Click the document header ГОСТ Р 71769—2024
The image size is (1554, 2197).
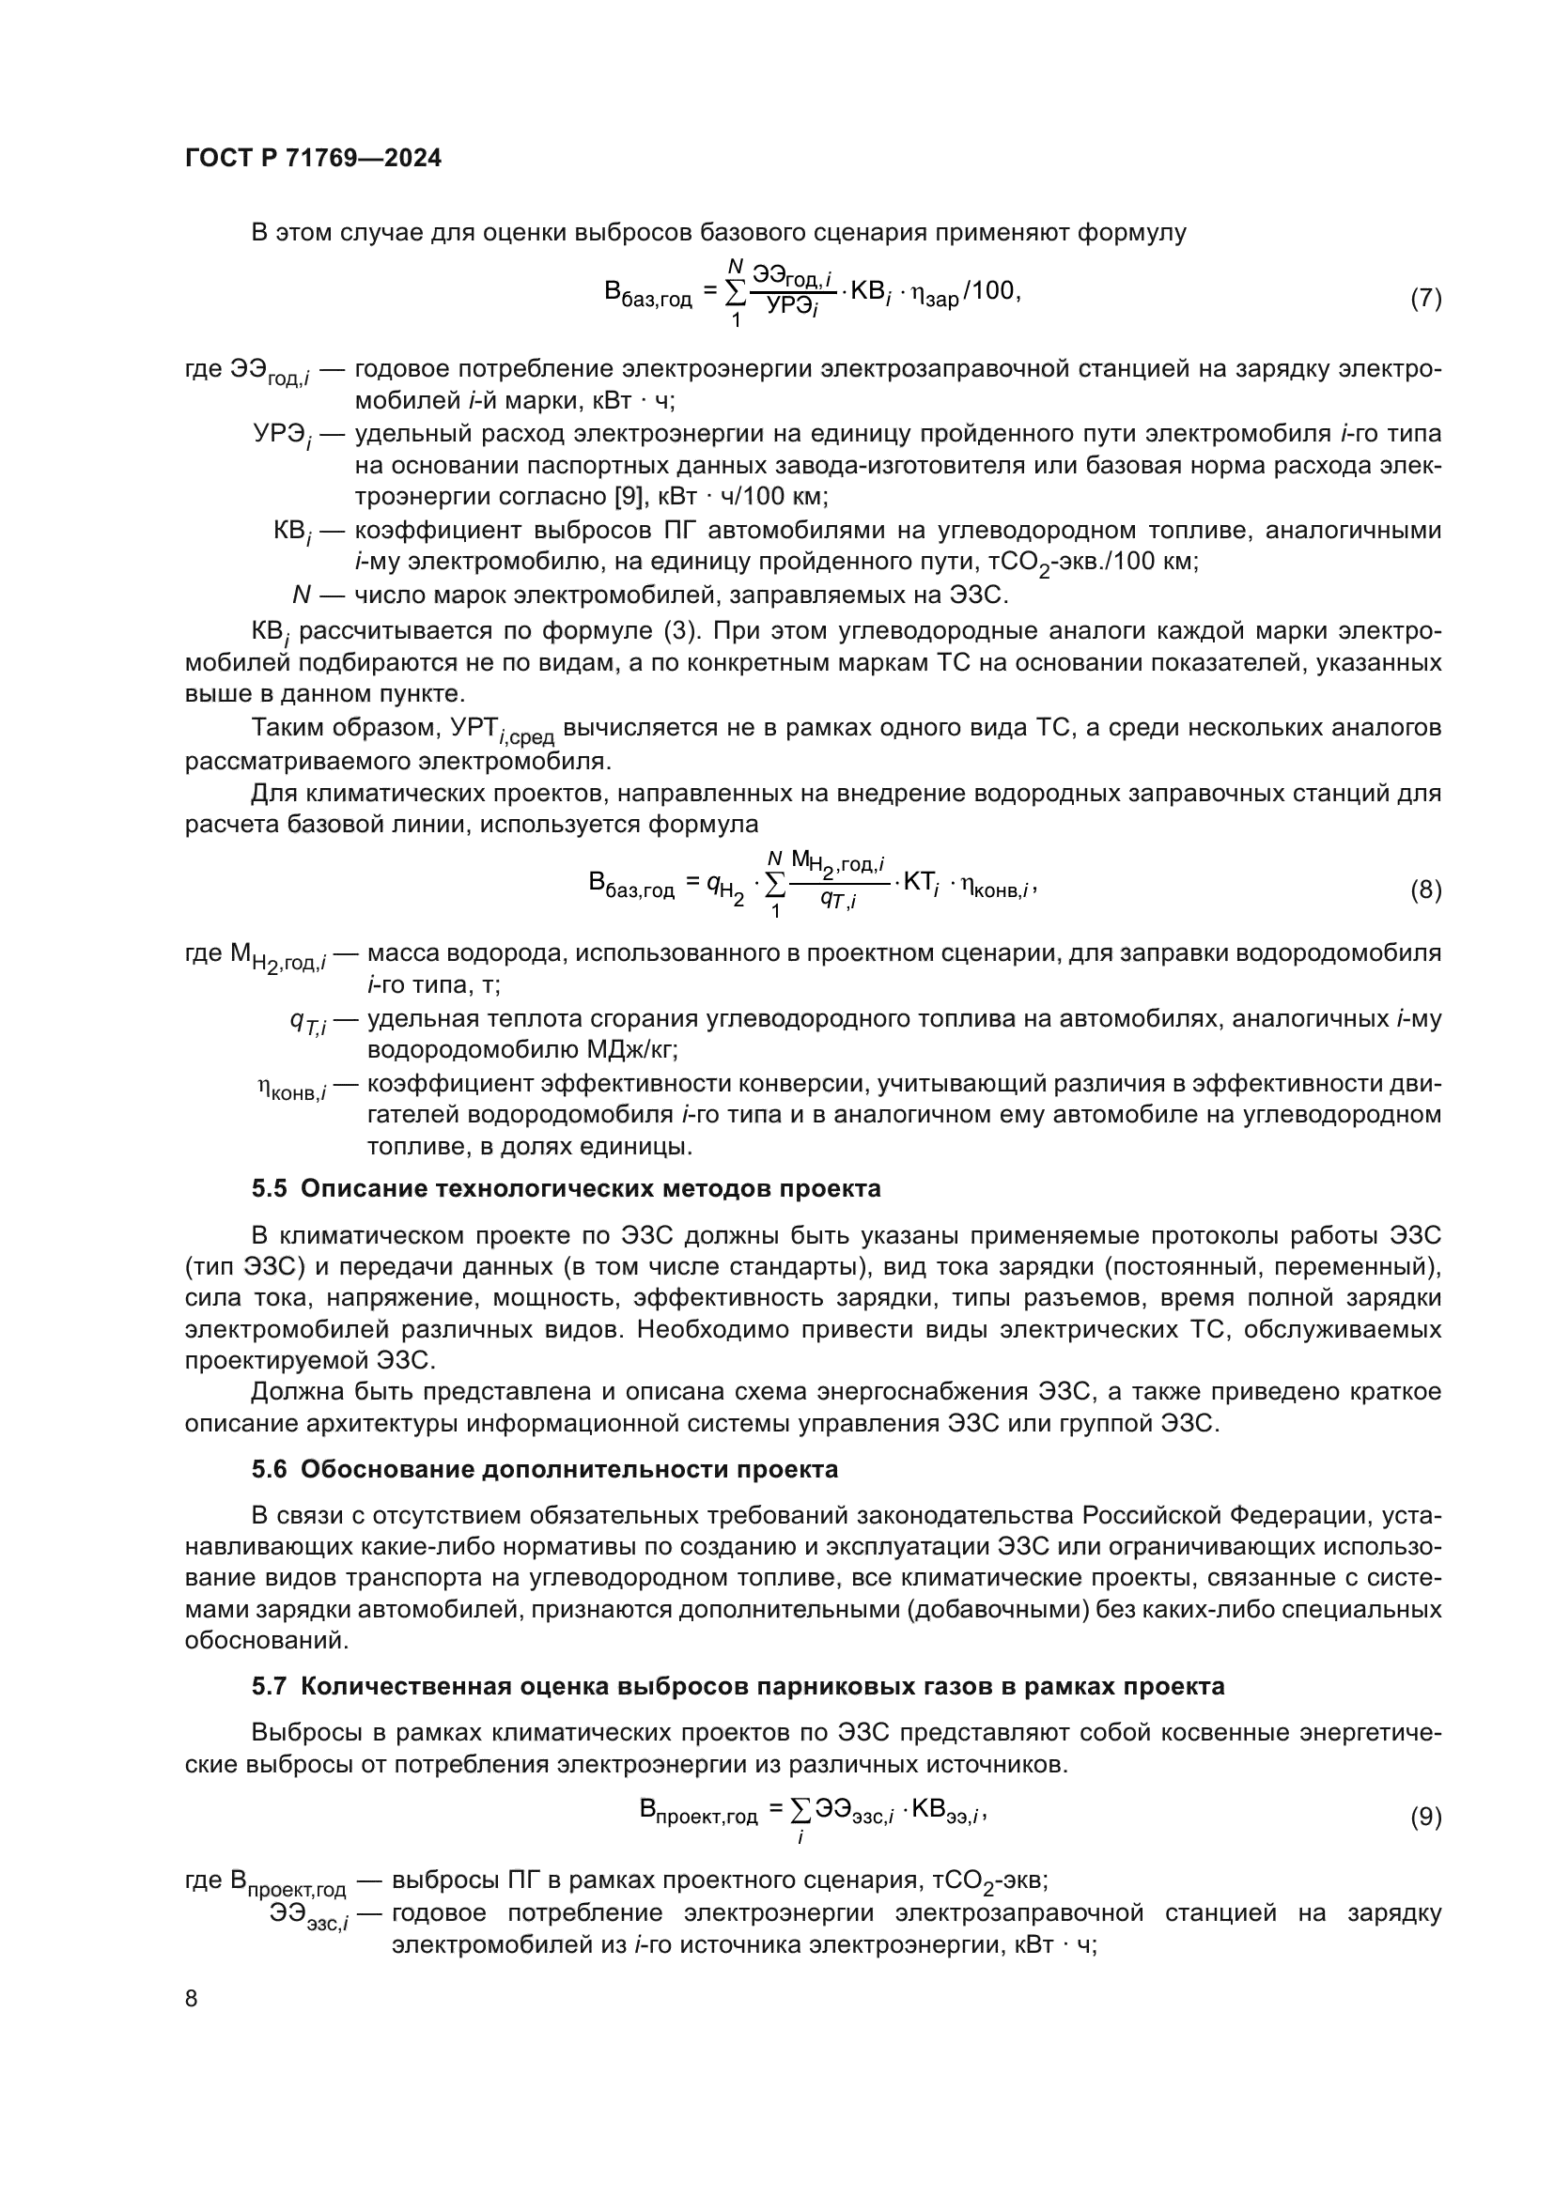coord(313,159)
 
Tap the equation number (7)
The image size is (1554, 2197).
coord(1425,299)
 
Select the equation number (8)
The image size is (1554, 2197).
coord(1425,890)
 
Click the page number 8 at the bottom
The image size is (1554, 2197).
coord(192,1999)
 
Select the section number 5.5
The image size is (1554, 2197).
coord(269,1189)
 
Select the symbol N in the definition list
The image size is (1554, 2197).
coord(302,596)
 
